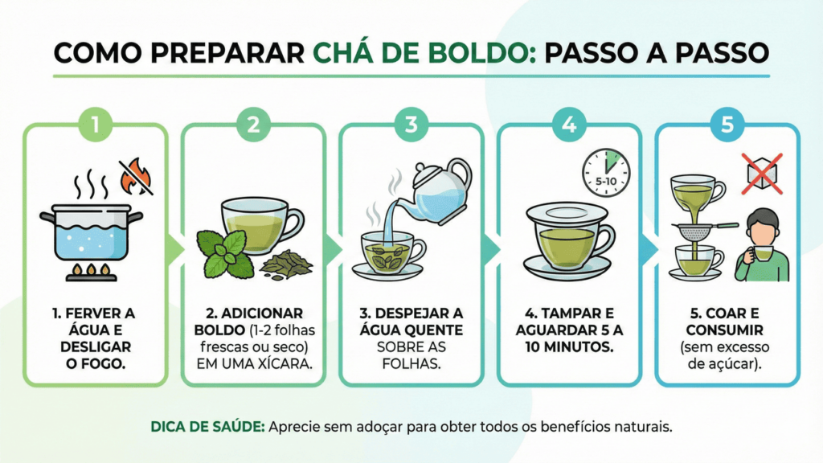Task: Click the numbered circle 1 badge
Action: coord(95,125)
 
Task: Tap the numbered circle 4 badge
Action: coord(569,125)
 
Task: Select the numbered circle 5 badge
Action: coord(727,125)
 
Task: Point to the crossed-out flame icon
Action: coord(136,176)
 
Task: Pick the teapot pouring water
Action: coord(440,191)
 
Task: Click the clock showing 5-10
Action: coord(606,173)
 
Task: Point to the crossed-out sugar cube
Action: coord(762,174)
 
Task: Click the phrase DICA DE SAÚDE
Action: coord(208,427)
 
